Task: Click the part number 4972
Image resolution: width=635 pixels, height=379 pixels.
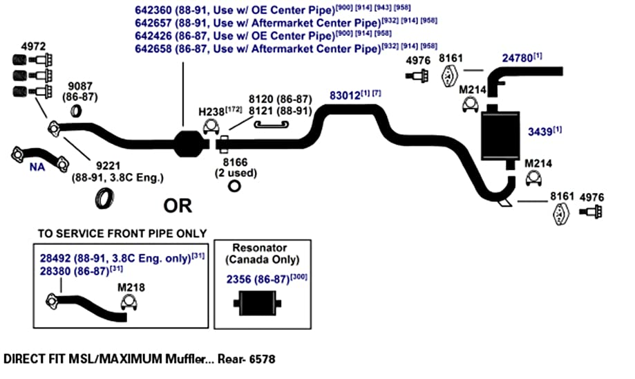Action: (x=33, y=46)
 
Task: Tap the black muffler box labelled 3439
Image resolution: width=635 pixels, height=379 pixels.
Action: (x=500, y=136)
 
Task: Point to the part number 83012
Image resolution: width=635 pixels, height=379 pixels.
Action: (x=345, y=95)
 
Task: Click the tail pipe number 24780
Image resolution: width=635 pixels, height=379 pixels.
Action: (x=517, y=58)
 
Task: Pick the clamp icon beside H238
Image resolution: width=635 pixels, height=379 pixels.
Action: (x=211, y=127)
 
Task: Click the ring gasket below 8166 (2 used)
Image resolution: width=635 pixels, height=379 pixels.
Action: (x=234, y=186)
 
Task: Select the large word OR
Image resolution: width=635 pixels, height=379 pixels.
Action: (x=178, y=206)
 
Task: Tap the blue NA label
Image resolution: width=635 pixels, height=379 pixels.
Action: (x=37, y=167)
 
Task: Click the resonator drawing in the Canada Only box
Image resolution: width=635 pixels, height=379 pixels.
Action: (x=257, y=303)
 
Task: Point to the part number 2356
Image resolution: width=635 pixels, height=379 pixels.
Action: (x=238, y=279)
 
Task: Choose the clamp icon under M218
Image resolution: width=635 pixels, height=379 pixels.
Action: (x=129, y=303)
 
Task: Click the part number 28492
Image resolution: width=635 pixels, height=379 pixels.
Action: (x=55, y=258)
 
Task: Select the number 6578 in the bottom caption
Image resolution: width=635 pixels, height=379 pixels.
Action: (x=262, y=359)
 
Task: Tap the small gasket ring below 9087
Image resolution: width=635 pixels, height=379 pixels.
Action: (x=76, y=111)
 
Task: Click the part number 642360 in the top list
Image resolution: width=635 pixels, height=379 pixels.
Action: (x=153, y=10)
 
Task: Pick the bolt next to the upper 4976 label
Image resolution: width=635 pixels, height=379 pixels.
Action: (x=417, y=76)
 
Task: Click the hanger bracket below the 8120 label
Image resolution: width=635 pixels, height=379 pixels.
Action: (x=271, y=124)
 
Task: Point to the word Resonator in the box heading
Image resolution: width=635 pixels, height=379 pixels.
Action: (x=260, y=248)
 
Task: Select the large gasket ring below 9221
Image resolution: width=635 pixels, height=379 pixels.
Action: (x=104, y=198)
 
